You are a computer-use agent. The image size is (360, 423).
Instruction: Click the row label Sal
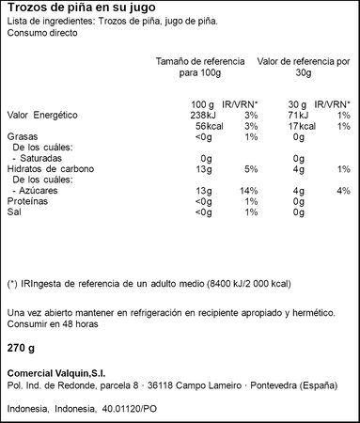[13, 211]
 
